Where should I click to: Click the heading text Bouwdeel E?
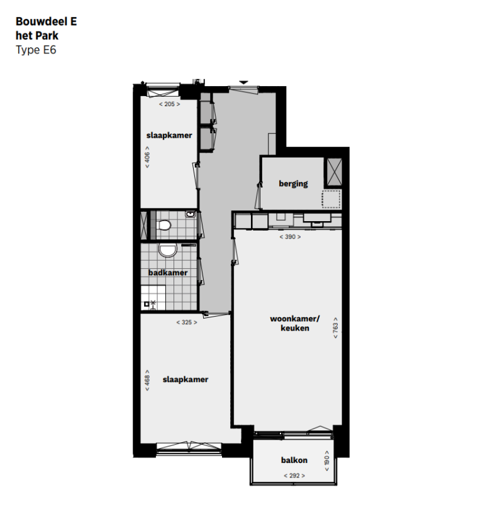click(x=46, y=21)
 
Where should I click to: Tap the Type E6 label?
click(x=36, y=50)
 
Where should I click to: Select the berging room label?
click(x=293, y=183)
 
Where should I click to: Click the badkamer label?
click(x=168, y=273)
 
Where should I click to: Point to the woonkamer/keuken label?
click(x=295, y=323)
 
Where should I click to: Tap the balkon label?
click(x=294, y=460)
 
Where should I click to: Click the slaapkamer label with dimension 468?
click(x=185, y=379)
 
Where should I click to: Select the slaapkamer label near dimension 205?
click(x=169, y=135)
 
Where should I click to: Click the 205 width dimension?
click(x=169, y=104)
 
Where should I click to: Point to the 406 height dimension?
click(x=147, y=158)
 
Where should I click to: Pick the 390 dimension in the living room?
click(x=290, y=237)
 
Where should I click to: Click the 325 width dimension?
click(x=186, y=322)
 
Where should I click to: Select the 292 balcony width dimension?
click(x=294, y=476)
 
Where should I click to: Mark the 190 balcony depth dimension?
click(x=326, y=459)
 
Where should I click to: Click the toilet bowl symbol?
click(x=165, y=225)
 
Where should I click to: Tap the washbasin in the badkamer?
click(x=167, y=251)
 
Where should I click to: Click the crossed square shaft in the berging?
click(x=333, y=170)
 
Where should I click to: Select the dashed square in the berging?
click(x=331, y=200)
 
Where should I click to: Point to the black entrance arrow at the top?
click(x=244, y=81)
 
